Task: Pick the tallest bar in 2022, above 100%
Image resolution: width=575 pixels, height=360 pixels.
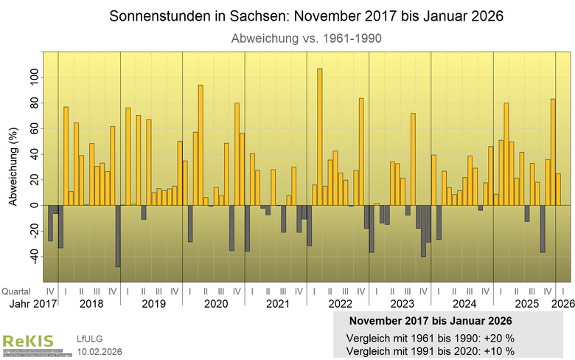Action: (319, 136)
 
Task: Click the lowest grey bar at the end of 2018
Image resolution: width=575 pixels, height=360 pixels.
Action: (117, 236)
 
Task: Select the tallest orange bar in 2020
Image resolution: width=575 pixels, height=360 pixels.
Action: (201, 145)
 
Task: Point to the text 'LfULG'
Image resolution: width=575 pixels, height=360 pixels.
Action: (90, 339)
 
